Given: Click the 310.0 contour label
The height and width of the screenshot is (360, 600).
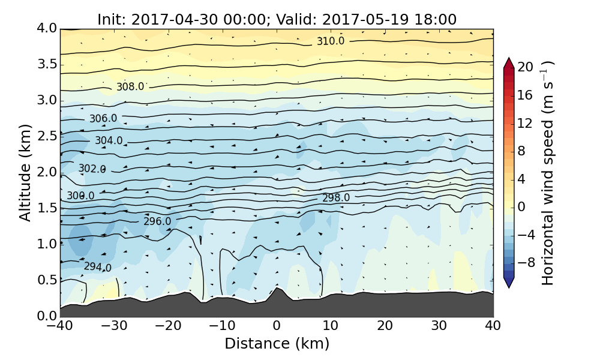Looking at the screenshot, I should pyautogui.click(x=331, y=41).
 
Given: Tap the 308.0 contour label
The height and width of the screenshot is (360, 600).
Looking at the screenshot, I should pyautogui.click(x=130, y=86).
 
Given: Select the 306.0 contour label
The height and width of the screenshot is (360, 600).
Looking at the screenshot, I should pyautogui.click(x=103, y=119).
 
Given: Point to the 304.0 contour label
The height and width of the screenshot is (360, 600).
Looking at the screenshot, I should pyautogui.click(x=109, y=140).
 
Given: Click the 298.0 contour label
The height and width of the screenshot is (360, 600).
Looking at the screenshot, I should pyautogui.click(x=336, y=197).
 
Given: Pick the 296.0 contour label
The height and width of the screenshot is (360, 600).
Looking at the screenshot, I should pyautogui.click(x=157, y=221).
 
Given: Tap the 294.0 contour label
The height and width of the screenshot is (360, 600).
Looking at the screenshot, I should pyautogui.click(x=97, y=267).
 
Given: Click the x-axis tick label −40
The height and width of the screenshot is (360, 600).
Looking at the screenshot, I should pyautogui.click(x=60, y=326).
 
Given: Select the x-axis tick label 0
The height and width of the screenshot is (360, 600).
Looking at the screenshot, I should pyautogui.click(x=277, y=326).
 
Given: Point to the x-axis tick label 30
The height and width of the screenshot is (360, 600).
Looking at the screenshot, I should pyautogui.click(x=439, y=326).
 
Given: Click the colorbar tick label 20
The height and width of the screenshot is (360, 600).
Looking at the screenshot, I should pyautogui.click(x=526, y=67).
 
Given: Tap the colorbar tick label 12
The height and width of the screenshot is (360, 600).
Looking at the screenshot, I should pyautogui.click(x=526, y=123).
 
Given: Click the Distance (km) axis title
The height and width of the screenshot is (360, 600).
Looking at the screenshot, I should pyautogui.click(x=277, y=344).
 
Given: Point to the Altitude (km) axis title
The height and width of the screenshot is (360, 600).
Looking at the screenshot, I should pyautogui.click(x=25, y=172).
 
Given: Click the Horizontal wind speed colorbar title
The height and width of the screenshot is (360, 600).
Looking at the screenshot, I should pyautogui.click(x=547, y=173).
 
